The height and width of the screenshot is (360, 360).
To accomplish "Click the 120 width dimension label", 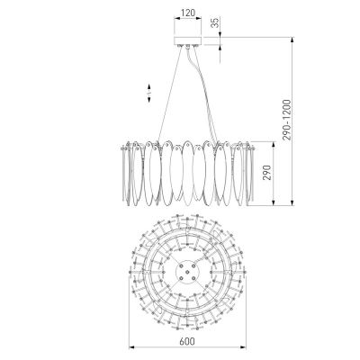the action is click(188, 13).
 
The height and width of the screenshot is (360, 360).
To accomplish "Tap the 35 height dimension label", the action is click(215, 22).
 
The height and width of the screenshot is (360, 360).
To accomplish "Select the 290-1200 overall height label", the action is click(286, 120).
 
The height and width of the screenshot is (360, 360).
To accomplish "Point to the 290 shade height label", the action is click(267, 173).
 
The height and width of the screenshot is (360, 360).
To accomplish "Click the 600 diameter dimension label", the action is click(187, 341).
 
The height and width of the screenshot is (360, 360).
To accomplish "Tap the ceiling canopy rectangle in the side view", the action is click(188, 41).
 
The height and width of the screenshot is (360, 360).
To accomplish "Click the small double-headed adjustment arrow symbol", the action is click(149, 94).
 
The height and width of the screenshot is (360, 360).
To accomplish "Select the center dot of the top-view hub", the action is click(187, 272).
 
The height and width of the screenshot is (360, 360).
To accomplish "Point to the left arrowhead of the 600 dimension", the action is click(131, 348).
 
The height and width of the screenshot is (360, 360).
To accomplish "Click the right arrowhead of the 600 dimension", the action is click(243, 348).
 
